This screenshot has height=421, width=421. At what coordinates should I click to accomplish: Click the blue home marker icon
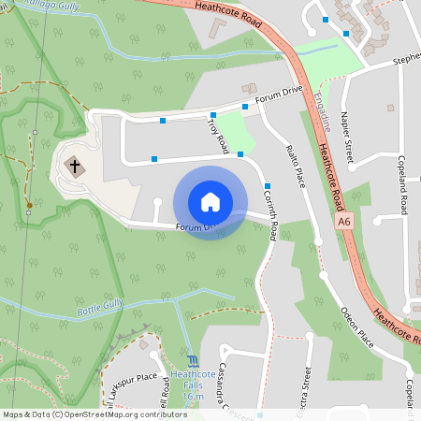210,202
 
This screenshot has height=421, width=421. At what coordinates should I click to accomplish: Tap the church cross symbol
74,167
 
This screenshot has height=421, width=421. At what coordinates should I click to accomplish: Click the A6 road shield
345,222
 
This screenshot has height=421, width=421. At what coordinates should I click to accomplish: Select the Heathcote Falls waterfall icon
193,360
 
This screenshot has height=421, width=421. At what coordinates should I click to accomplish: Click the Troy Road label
218,135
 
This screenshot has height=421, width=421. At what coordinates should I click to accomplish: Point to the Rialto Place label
295,160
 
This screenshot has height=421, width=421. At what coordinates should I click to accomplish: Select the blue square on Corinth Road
268,185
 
